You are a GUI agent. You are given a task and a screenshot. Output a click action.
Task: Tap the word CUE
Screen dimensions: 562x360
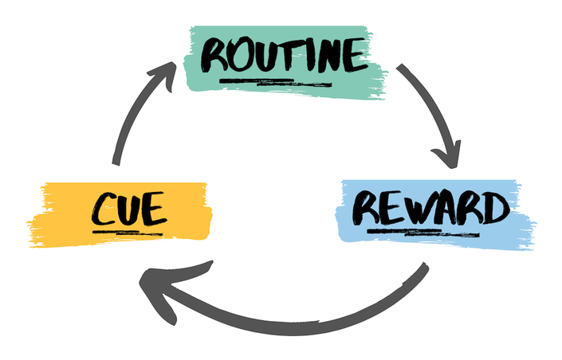click(129, 209)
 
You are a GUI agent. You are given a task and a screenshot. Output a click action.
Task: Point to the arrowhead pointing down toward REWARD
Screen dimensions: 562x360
click(447, 154)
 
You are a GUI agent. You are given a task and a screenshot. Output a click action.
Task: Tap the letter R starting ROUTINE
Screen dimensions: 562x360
click(214, 57)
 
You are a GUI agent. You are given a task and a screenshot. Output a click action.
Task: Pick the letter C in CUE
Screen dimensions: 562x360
click(103, 209)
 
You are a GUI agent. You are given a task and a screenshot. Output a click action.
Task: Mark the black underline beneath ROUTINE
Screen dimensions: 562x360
click(276, 83)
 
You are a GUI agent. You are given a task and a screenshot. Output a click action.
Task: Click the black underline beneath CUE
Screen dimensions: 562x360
click(128, 233)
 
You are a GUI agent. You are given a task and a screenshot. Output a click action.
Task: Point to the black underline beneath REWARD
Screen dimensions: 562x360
click(423, 233)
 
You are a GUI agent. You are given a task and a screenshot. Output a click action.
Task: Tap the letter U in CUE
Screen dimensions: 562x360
click(129, 209)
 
